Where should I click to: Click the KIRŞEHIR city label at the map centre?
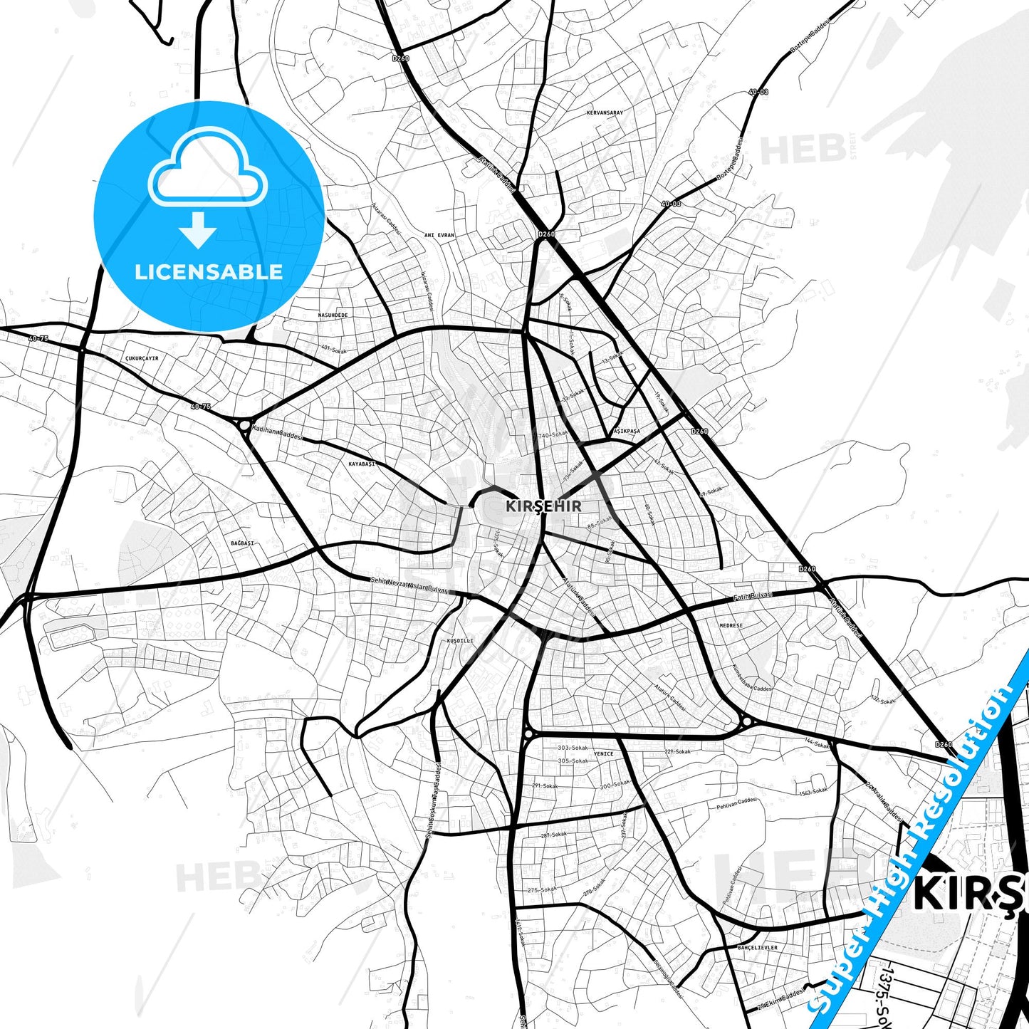[543, 506]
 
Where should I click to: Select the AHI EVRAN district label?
[439, 235]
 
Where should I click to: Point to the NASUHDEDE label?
[333, 315]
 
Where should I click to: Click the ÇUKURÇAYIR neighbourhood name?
[141, 358]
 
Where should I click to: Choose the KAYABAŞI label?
[362, 464]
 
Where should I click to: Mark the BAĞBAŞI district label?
[242, 543]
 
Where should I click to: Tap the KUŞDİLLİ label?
[459, 641]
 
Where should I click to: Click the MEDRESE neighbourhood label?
[731, 625]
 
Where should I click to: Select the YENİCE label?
[603, 753]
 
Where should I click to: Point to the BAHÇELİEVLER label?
[758, 948]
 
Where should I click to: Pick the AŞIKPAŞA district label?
[627, 432]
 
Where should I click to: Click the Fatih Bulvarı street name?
[753, 597]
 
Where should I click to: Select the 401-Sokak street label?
[333, 349]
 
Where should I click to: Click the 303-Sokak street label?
[573, 748]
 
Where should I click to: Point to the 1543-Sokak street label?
[813, 791]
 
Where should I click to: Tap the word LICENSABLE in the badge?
[209, 272]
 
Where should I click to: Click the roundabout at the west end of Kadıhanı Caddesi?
[245, 426]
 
